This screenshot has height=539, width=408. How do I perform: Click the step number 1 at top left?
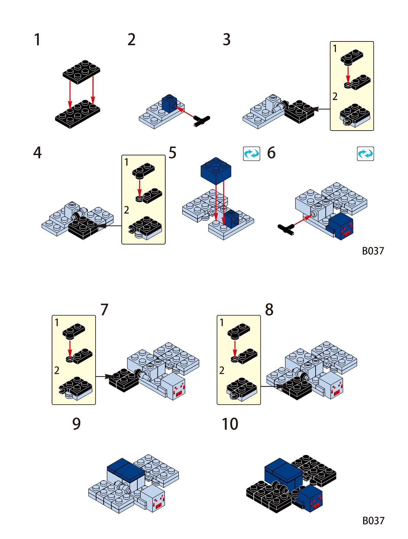click(37, 39)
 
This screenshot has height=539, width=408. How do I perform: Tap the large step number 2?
click(132, 40)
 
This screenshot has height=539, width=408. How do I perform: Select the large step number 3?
click(227, 39)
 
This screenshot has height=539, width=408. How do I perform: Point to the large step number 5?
click(172, 153)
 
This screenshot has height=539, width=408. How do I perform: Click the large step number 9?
click(76, 424)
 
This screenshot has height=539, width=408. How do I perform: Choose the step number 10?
click(230, 424)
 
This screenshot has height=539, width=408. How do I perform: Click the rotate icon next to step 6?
click(252, 154)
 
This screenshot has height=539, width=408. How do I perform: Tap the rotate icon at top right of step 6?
click(365, 154)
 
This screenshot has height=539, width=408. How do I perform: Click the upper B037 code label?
click(373, 251)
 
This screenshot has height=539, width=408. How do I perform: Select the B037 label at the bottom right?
click(373, 521)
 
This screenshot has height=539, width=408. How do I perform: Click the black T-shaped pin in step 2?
click(202, 121)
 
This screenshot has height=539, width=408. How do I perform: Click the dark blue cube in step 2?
click(169, 103)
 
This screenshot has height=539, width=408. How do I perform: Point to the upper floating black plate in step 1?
click(82, 72)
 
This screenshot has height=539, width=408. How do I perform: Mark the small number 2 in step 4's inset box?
click(126, 210)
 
